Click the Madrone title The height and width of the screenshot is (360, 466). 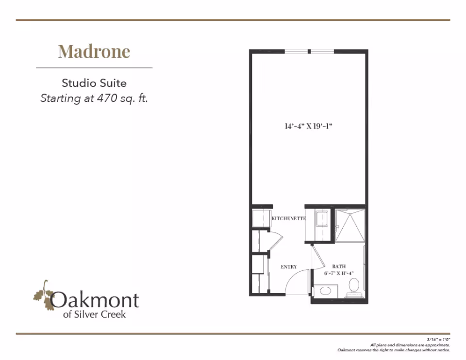point(94,51)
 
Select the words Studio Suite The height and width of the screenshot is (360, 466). point(94,83)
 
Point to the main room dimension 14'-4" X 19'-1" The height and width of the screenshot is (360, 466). point(308,126)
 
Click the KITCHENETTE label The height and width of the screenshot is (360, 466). point(288,218)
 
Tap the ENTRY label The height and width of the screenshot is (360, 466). point(288,267)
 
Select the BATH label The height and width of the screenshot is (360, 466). point(339,266)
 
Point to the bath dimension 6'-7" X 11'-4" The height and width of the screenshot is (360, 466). point(339,273)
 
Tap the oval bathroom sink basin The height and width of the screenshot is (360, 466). point(325,291)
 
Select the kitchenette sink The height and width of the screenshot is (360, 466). point(321,219)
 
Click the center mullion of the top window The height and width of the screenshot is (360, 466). point(309,51)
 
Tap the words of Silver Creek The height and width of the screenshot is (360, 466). point(94,314)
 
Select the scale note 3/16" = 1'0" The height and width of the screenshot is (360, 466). point(438,339)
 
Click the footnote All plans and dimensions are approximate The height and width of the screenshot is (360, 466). point(410,345)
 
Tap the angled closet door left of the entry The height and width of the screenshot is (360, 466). point(276,241)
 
